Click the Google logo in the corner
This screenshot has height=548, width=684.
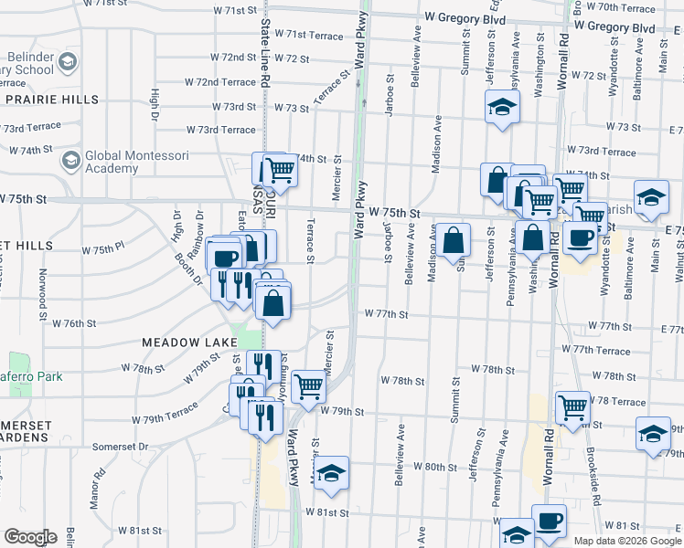coord(31,537)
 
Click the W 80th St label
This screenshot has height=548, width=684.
coord(435,466)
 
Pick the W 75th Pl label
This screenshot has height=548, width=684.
coord(102,248)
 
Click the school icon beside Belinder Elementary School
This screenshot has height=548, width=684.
coord(67,62)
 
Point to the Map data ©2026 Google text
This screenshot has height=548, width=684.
coord(627,541)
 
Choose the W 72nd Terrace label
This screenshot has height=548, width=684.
coord(214,82)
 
